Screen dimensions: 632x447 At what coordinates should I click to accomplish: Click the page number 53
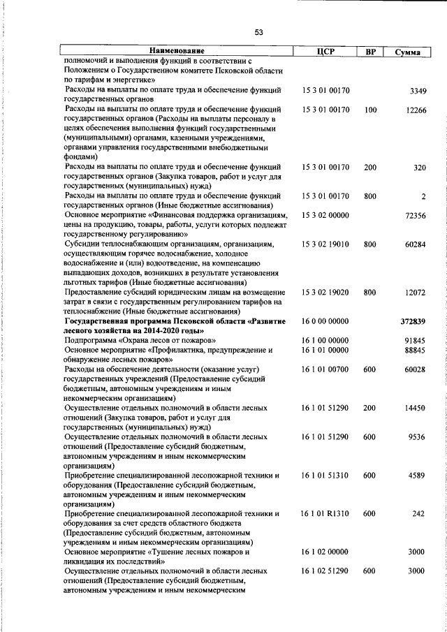click(258, 32)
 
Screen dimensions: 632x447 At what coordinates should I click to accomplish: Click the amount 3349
click(418, 91)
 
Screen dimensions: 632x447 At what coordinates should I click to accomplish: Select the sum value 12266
click(416, 110)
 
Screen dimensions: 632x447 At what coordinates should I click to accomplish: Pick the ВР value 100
click(370, 110)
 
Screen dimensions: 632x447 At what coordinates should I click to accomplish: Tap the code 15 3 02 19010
click(325, 244)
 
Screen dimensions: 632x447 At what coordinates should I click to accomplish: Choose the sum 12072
click(416, 293)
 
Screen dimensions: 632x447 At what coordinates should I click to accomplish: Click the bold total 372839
click(413, 321)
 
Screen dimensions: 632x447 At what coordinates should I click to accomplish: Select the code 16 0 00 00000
click(325, 321)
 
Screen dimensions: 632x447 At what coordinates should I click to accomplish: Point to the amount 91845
click(416, 340)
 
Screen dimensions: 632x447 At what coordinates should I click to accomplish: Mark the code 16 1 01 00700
click(325, 369)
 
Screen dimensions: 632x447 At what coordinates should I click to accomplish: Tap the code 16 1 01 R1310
click(325, 513)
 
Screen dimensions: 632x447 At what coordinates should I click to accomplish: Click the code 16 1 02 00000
click(325, 552)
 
